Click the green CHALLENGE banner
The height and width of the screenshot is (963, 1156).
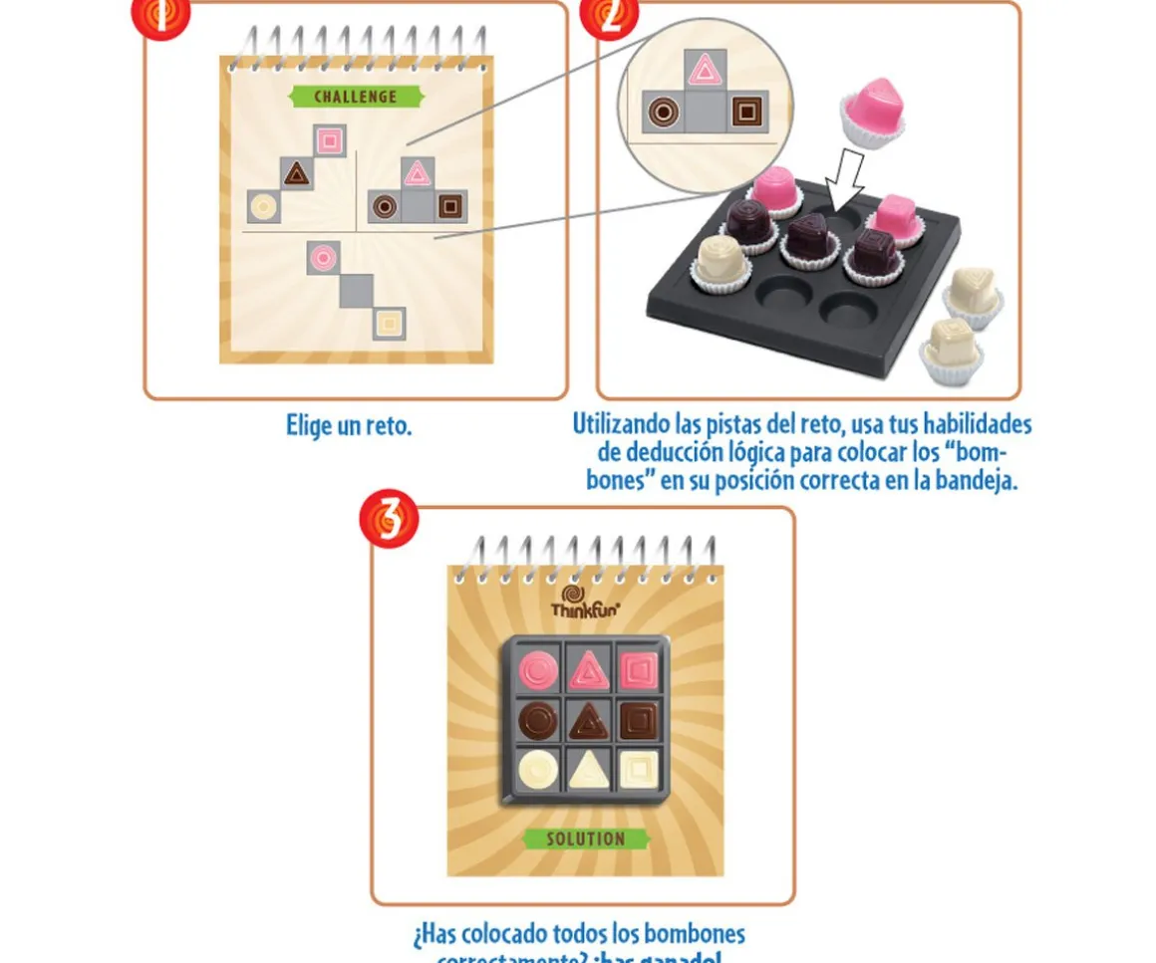pos(357,97)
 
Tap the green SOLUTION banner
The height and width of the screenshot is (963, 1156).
pos(586,839)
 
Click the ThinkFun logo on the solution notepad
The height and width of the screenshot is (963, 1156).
pos(586,603)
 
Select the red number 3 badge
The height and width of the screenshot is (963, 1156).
pos(389,520)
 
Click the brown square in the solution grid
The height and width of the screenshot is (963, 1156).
pos(638,719)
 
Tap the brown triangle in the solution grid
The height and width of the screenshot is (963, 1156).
pos(588,719)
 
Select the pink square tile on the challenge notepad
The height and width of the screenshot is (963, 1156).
pos(330,140)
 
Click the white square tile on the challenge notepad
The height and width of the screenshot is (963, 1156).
pos(390,322)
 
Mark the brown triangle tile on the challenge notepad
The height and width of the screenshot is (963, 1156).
pos(296,174)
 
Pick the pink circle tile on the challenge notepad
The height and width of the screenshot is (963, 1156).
pos(323,257)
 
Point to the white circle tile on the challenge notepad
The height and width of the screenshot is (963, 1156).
pos(263,207)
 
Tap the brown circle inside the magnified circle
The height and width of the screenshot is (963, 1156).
pos(662,112)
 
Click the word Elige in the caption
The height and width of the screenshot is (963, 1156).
pos(308,426)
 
